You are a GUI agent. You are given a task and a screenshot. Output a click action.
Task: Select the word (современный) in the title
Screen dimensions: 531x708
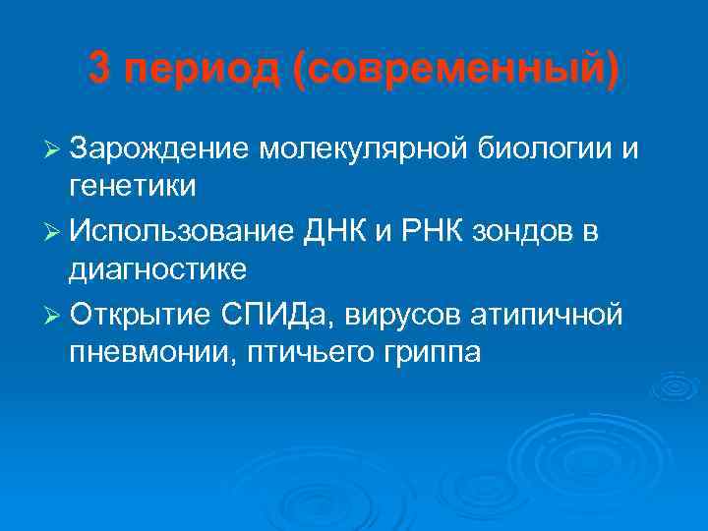click(x=453, y=71)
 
